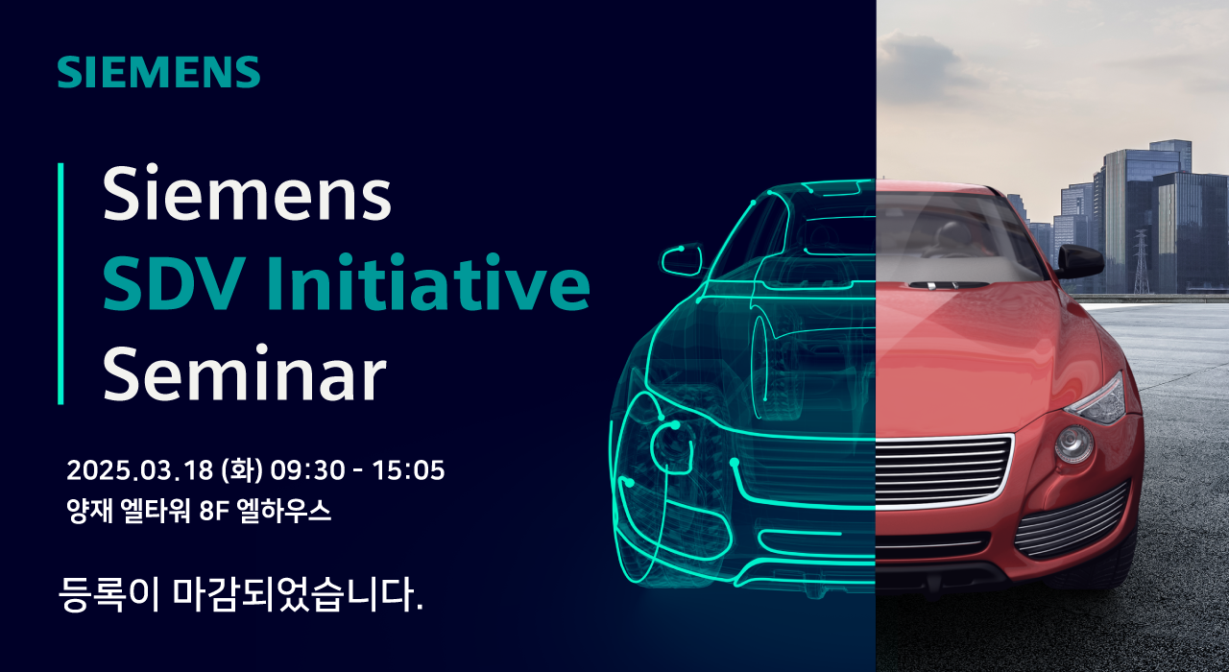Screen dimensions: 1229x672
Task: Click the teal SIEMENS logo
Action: pyautogui.click(x=158, y=72)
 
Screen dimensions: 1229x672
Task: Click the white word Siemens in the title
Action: pyautogui.click(x=247, y=193)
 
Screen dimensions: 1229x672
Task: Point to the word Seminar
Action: pyautogui.click(x=245, y=373)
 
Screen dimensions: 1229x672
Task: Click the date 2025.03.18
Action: pyautogui.click(x=139, y=470)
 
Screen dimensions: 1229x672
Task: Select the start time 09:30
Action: pyautogui.click(x=308, y=470)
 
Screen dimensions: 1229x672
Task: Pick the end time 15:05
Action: pyautogui.click(x=408, y=470)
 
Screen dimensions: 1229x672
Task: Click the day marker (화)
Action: pyautogui.click(x=241, y=470)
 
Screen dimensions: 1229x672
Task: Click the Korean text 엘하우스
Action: pyautogui.click(x=283, y=512)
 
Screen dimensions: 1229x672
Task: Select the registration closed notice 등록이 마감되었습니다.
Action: pyautogui.click(x=240, y=593)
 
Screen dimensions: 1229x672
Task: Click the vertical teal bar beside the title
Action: pyautogui.click(x=60, y=283)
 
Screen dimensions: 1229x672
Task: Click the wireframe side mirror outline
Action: pyautogui.click(x=682, y=260)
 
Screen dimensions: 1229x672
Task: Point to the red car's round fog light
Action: pyautogui.click(x=1073, y=444)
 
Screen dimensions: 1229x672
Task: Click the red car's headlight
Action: pyautogui.click(x=1096, y=398)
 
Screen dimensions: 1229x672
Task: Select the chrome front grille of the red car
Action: pyautogui.click(x=943, y=470)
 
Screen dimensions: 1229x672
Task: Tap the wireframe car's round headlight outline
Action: pyautogui.click(x=670, y=446)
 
